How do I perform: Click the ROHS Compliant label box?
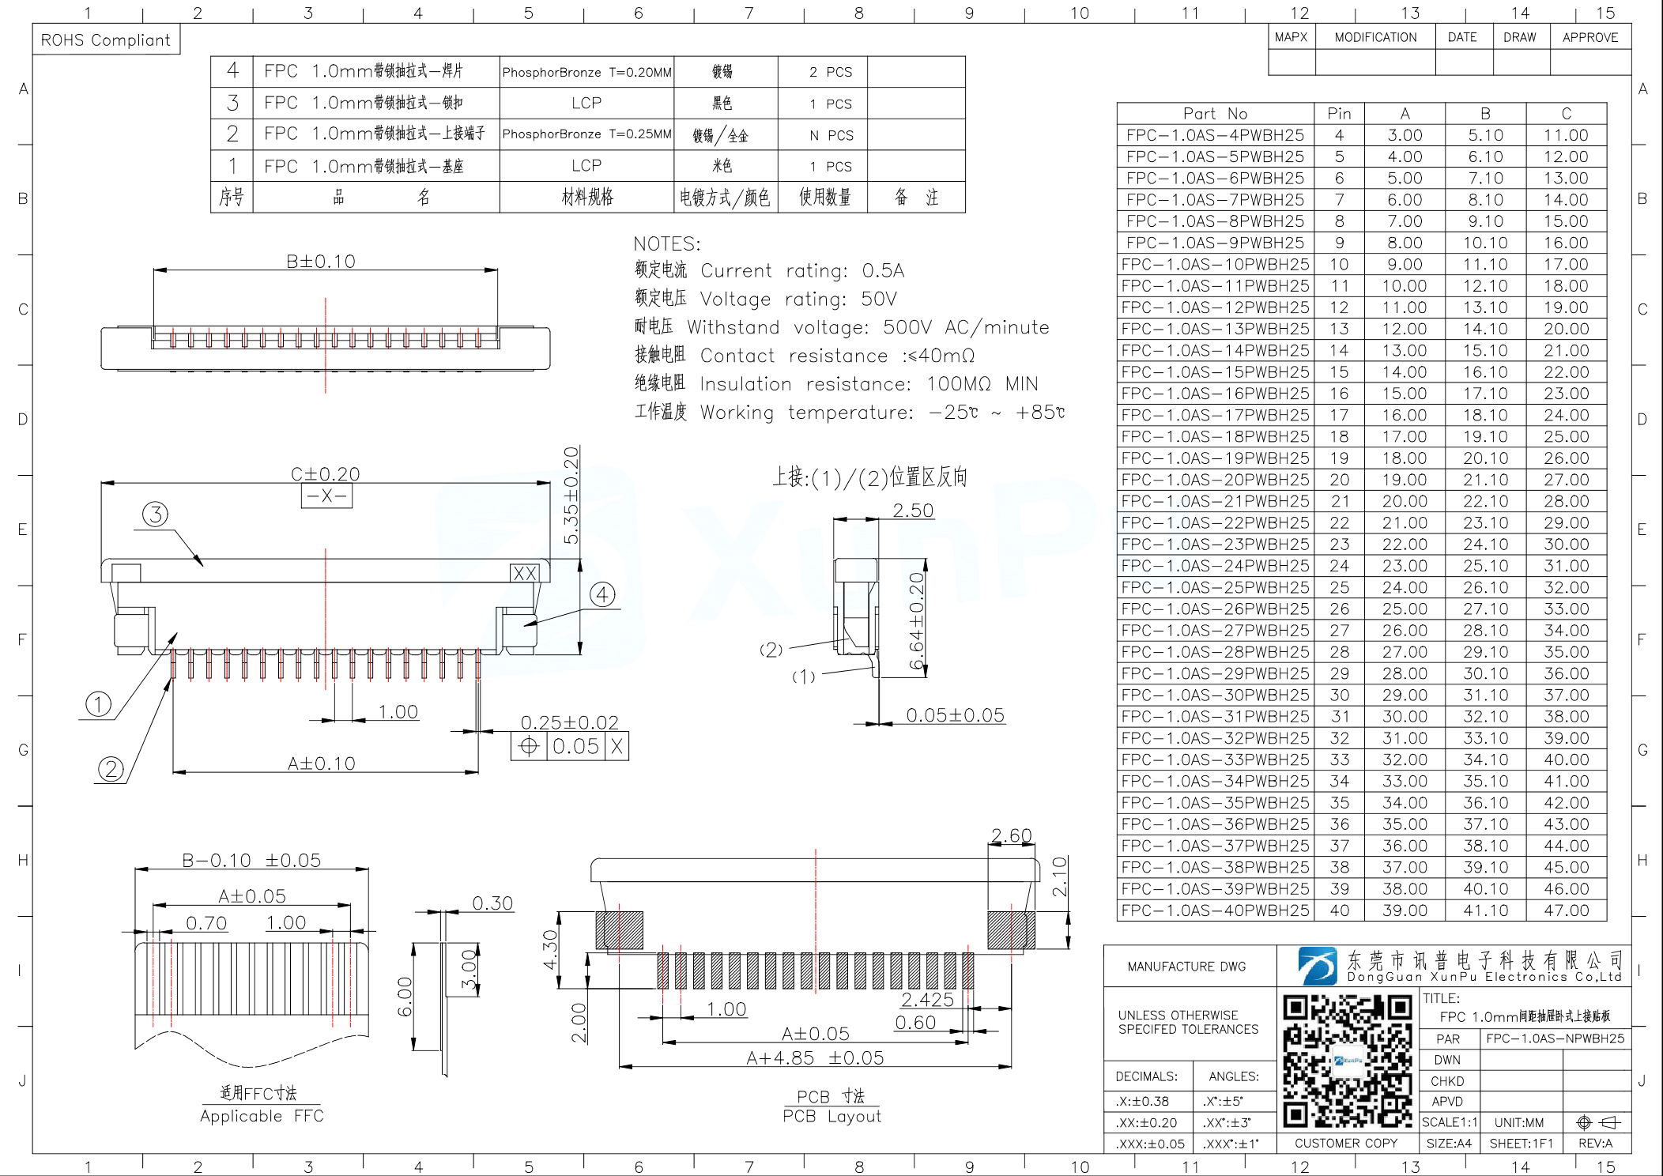106,40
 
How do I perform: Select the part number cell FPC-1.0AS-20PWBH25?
1215,480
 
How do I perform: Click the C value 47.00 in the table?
1566,910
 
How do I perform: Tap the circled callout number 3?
155,514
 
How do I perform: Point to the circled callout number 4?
602,594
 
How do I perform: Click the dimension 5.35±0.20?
571,496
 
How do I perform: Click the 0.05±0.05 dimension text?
955,715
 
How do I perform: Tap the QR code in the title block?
1347,1060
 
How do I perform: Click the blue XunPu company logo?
1318,967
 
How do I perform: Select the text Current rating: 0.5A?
801,271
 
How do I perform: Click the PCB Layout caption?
831,1116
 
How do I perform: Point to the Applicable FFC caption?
262,1116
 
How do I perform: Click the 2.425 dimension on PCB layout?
927,1000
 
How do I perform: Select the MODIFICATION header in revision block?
1375,37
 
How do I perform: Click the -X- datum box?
326,496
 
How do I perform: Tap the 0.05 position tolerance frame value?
575,746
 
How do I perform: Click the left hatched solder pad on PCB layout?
619,930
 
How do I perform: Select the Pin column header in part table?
1339,113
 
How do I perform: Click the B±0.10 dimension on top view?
321,262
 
